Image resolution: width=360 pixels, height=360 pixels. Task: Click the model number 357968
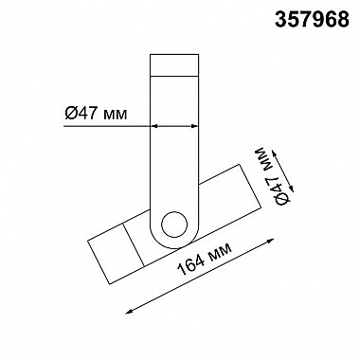(x=312, y=20)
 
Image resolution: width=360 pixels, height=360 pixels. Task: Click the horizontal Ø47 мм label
(x=97, y=113)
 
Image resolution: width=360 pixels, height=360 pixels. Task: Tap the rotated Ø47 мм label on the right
(x=273, y=176)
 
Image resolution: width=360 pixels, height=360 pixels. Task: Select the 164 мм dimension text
(x=205, y=260)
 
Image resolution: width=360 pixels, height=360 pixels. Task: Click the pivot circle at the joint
(x=174, y=225)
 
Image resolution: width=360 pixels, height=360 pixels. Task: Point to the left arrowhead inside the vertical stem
(x=154, y=126)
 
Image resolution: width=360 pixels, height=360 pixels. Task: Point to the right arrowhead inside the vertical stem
(x=194, y=126)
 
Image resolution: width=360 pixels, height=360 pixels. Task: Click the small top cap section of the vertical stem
(x=174, y=65)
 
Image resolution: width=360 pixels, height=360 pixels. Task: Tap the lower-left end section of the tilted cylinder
(x=116, y=254)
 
